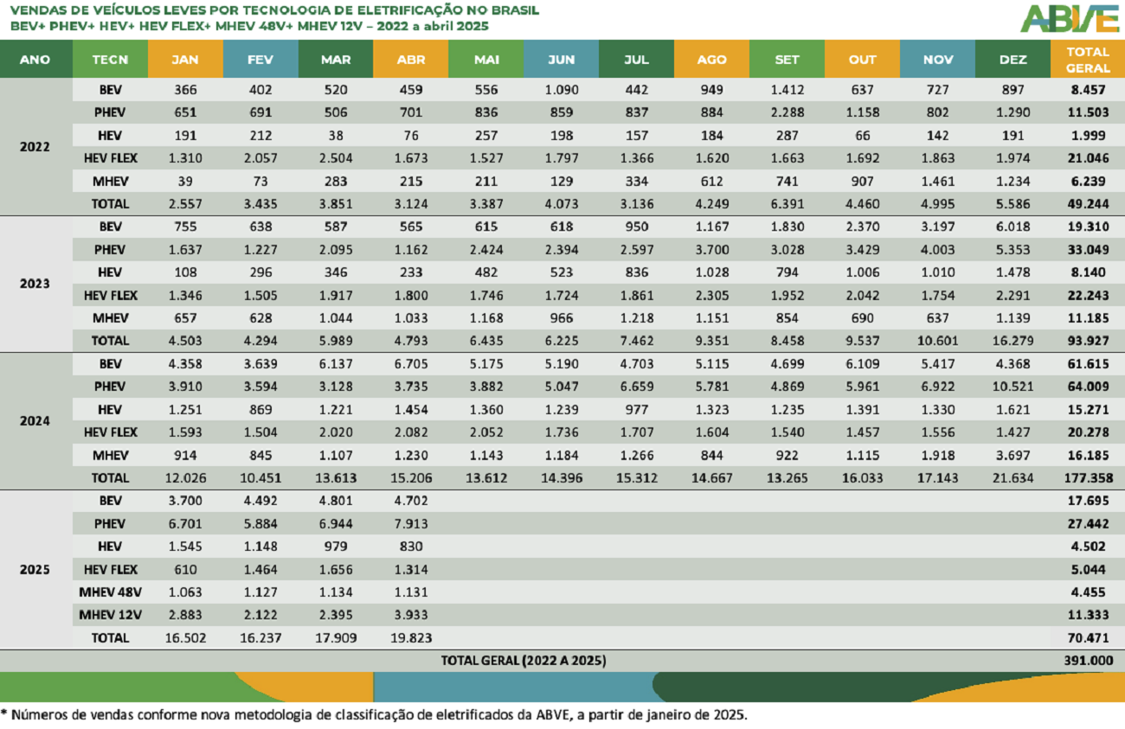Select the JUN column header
pyautogui.click(x=561, y=60)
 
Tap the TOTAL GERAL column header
pyautogui.click(x=1088, y=60)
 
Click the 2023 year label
pyautogui.click(x=35, y=284)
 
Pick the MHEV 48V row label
pyautogui.click(x=111, y=592)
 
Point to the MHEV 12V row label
pyautogui.click(x=111, y=615)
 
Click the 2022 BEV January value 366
pyautogui.click(x=185, y=89)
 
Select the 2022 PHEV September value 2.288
pyautogui.click(x=787, y=112)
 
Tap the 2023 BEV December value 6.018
pyautogui.click(x=1012, y=227)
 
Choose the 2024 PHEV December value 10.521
pyautogui.click(x=1012, y=387)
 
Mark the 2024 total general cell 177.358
pyautogui.click(x=1088, y=477)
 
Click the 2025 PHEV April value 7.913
pyautogui.click(x=410, y=524)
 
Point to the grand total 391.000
pyautogui.click(x=1088, y=661)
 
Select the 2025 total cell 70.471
pyautogui.click(x=1088, y=638)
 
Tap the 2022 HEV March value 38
pyautogui.click(x=336, y=135)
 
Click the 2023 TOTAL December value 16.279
pyautogui.click(x=1012, y=341)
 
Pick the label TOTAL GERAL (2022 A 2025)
pyautogui.click(x=524, y=661)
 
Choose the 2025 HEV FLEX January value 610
pyautogui.click(x=185, y=570)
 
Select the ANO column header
pyautogui.click(x=35, y=60)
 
